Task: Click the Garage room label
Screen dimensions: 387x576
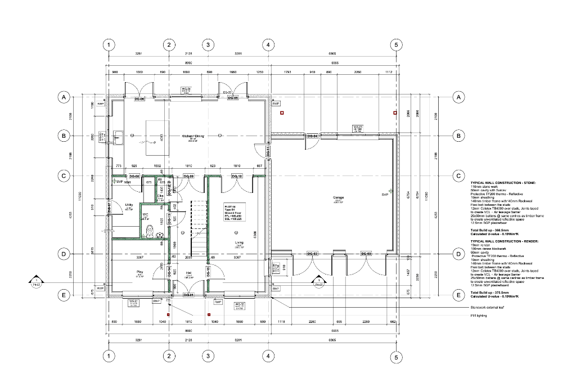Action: pos(338,199)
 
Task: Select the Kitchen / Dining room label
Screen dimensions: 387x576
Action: pos(192,137)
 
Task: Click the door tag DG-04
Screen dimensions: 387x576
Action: pos(313,136)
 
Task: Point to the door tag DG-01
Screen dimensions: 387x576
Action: pos(188,295)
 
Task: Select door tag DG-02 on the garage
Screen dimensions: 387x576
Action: pos(312,254)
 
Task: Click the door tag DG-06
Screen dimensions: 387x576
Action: pos(139,98)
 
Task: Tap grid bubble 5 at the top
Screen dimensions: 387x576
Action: pos(396,44)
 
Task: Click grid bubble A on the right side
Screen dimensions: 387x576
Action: pos(459,97)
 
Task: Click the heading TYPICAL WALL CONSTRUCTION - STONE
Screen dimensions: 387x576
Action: pos(503,183)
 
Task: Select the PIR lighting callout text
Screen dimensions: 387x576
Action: pos(479,316)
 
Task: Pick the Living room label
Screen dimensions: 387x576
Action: pos(239,244)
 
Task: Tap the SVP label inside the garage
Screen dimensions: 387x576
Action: pos(385,195)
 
